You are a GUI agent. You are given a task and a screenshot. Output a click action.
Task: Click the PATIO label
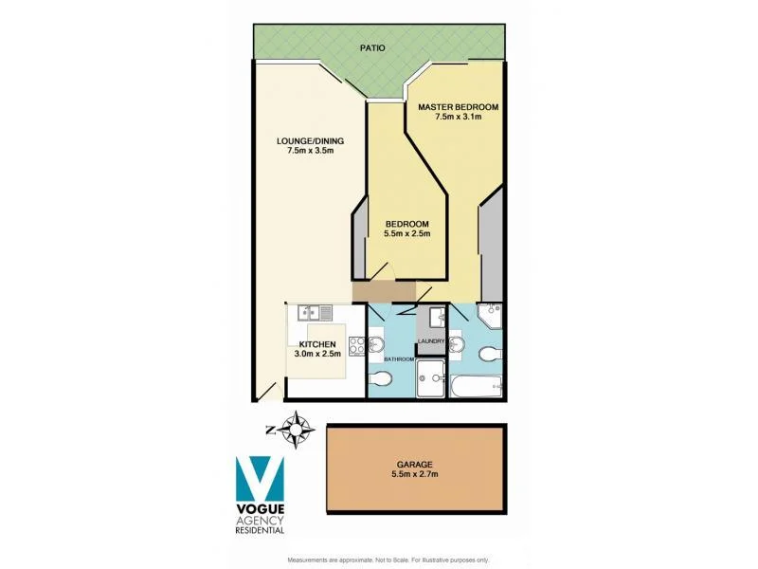click(x=371, y=46)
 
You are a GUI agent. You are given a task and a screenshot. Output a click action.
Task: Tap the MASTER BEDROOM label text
click(x=459, y=106)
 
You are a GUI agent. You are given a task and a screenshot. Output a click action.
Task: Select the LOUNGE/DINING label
click(x=310, y=141)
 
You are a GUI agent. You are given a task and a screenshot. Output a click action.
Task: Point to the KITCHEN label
click(x=317, y=344)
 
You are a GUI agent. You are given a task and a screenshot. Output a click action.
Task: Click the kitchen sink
click(x=314, y=312)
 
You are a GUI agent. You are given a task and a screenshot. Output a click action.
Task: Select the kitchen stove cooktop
click(x=356, y=346)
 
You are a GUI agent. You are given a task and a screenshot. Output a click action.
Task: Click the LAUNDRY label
click(x=432, y=341)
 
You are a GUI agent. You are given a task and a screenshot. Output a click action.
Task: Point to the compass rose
click(x=300, y=430)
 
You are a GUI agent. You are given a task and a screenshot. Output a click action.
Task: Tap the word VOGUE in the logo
click(x=260, y=510)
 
